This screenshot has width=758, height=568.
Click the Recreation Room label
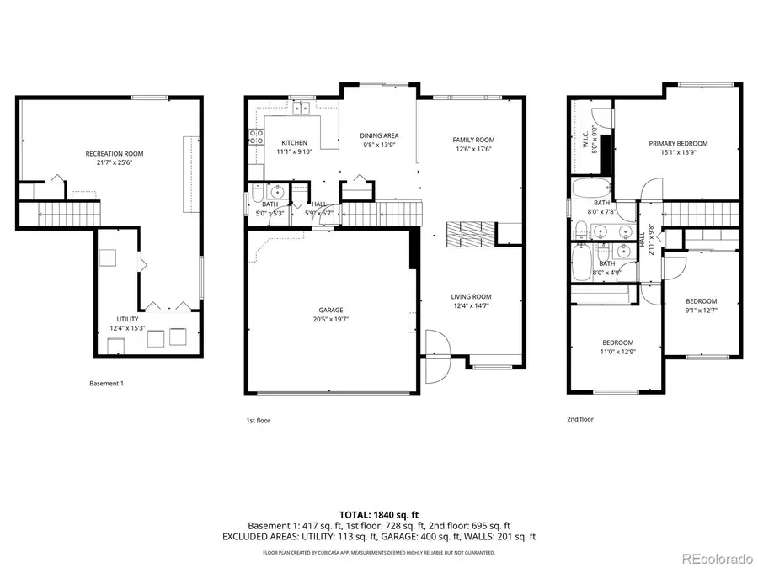(114, 153)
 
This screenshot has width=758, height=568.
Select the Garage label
(330, 310)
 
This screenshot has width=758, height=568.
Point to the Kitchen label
(294, 142)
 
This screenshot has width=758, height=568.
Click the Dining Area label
(379, 135)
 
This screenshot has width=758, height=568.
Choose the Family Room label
(473, 140)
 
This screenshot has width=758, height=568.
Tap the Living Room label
(471, 296)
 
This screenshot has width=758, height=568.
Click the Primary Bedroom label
(678, 143)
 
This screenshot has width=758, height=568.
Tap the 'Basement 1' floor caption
(106, 384)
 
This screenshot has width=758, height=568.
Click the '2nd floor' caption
(579, 419)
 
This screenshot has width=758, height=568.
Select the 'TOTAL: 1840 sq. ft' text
(379, 513)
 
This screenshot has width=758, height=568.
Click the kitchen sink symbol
(299, 108)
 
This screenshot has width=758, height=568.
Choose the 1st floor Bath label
(270, 204)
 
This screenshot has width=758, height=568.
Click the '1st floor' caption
(257, 420)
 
